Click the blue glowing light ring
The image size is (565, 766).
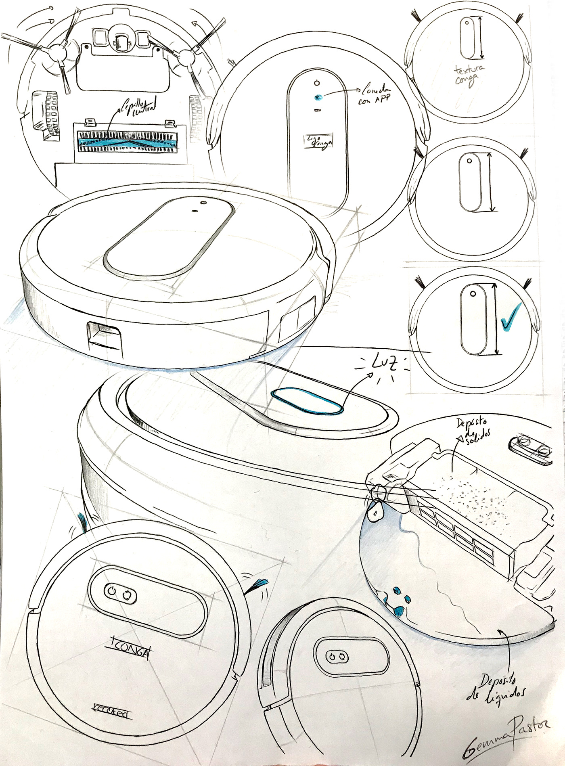click(307, 401)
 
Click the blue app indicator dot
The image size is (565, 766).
click(317, 97)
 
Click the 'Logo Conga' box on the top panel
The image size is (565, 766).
click(318, 142)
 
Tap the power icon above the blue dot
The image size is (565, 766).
click(317, 84)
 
